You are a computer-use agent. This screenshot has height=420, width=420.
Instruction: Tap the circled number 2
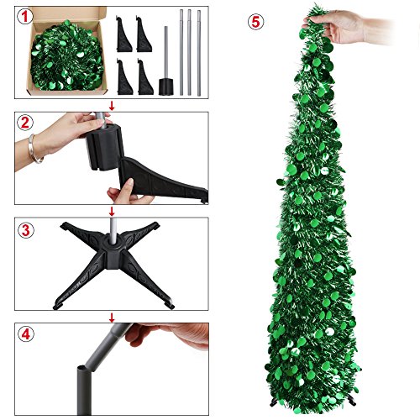[26, 121]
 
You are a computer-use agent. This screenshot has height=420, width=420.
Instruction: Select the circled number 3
[26, 228]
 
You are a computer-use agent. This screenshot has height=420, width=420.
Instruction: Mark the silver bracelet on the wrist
[34, 150]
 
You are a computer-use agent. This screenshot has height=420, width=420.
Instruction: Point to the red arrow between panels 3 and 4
[112, 317]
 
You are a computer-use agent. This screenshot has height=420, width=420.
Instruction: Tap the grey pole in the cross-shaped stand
[112, 239]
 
